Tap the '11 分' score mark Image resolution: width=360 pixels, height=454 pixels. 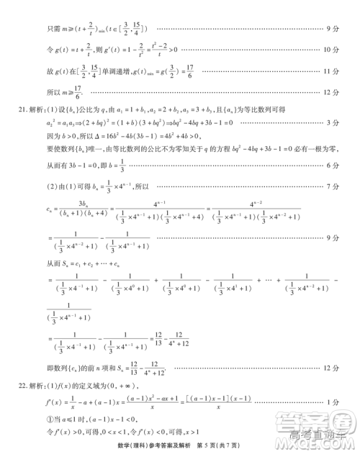332,71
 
